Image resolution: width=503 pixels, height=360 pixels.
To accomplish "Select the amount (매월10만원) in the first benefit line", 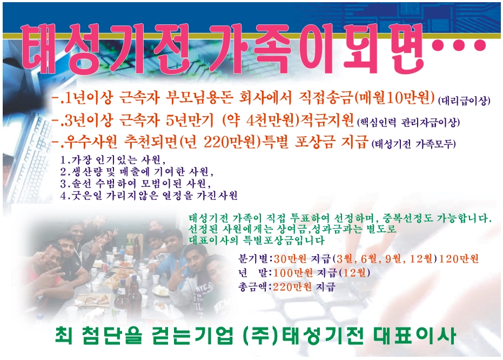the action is (394, 98).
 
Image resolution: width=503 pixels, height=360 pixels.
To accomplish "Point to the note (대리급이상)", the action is (464, 101).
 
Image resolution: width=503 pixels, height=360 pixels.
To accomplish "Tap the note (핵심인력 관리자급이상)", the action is (408, 122).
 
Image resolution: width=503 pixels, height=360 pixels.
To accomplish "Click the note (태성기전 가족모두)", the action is (414, 144).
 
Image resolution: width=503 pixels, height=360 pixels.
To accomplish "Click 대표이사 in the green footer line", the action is (414, 336).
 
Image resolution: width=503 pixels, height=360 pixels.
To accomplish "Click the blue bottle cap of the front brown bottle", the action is (123, 282).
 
